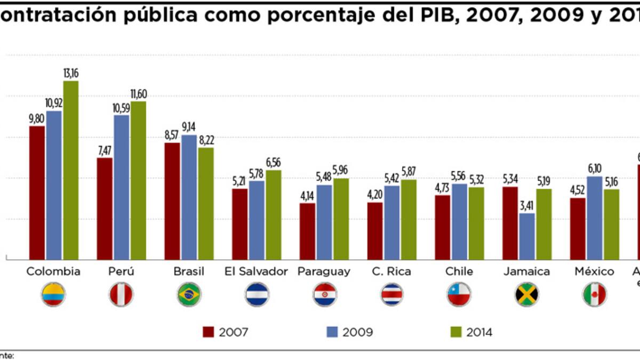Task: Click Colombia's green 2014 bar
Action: click(70, 170)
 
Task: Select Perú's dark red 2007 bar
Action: click(105, 209)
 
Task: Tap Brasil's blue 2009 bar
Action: click(189, 197)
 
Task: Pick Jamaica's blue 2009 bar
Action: click(527, 236)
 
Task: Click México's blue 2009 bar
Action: click(594, 218)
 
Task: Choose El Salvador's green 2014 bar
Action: click(274, 215)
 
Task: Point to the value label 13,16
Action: click(71, 73)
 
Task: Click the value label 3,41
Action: click(527, 205)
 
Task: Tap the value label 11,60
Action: click(138, 94)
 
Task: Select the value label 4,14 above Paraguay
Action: click(307, 196)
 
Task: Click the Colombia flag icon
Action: click(53, 294)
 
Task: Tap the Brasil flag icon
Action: click(189, 294)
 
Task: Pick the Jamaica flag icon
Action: click(527, 294)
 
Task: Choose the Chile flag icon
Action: click(459, 294)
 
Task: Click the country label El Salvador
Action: click(257, 271)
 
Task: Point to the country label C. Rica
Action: click(391, 271)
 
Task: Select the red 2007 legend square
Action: click(209, 332)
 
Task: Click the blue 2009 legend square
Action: click(331, 332)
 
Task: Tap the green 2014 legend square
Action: click(455, 332)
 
